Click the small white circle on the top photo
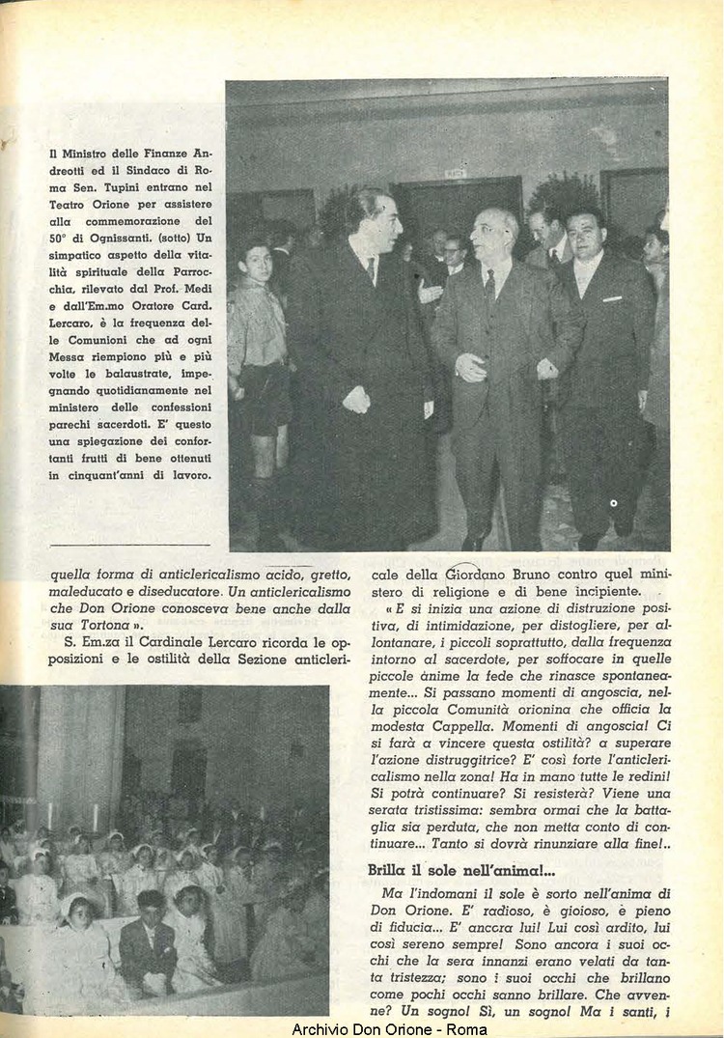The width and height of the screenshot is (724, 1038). [614, 504]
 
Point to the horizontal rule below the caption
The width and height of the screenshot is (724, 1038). [127, 545]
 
